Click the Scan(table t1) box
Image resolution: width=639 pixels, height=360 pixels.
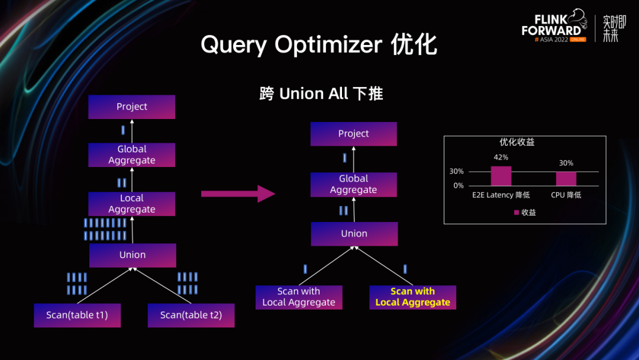coord(77,315)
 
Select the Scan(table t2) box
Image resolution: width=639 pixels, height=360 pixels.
coord(191,315)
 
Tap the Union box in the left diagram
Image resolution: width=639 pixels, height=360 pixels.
coord(133,255)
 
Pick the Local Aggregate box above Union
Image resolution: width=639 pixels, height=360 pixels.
coord(131,204)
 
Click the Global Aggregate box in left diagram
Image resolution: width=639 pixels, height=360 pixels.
coord(131,155)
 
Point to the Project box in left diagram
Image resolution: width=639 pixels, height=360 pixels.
coord(131,107)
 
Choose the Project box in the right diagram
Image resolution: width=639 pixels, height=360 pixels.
coord(353,134)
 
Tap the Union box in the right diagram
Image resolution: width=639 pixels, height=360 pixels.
coord(354,234)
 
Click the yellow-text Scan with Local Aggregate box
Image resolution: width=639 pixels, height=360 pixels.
coord(412,297)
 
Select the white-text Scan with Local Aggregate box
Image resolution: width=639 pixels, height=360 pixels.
coord(299,297)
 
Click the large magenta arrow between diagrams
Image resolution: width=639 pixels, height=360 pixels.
coord(238,194)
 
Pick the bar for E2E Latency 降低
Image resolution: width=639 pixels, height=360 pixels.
coord(501,176)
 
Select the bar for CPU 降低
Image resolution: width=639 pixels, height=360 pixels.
coord(566,179)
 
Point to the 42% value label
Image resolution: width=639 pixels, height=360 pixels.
coord(501,157)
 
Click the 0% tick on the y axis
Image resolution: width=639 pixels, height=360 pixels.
coord(459,185)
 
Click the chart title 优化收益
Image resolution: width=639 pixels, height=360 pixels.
coord(517,142)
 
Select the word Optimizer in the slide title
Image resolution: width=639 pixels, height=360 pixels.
coord(328,45)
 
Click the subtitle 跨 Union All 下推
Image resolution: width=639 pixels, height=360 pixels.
coord(321,94)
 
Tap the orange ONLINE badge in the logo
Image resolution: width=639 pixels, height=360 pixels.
coord(578,40)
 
